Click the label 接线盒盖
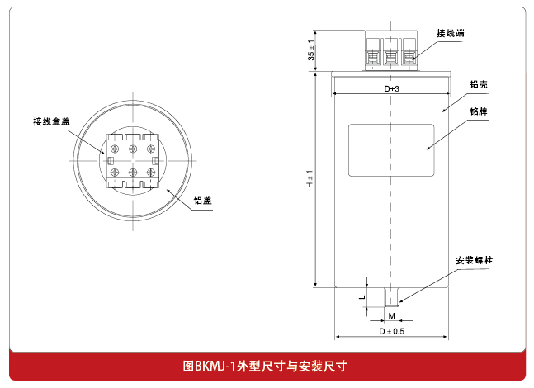pos(51,121)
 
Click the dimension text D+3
pos(392,88)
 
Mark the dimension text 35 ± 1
pos(310,51)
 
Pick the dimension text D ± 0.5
pos(392,331)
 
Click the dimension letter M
pos(391,316)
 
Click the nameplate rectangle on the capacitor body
pos(391,149)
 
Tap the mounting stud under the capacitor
pos(391,297)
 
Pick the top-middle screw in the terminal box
pos(132,149)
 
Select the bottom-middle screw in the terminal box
pos(132,172)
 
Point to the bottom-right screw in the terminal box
pos(151,172)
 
